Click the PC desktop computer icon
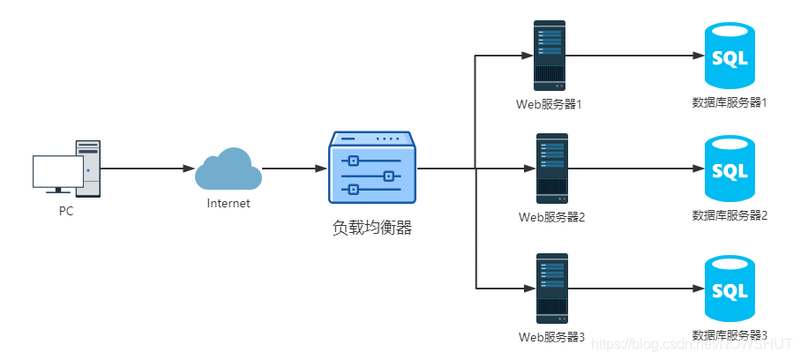pos(67,168)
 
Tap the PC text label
pos(66,211)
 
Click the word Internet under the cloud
pos(228,203)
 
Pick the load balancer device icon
pos(371,168)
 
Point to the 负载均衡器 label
pos(372,227)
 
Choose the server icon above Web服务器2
pos(552,168)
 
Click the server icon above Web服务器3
pos(552,289)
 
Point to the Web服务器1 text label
pos(550,104)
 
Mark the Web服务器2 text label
pos(552,216)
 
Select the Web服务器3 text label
pos(552,337)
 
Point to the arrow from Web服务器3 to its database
pos(635,289)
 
